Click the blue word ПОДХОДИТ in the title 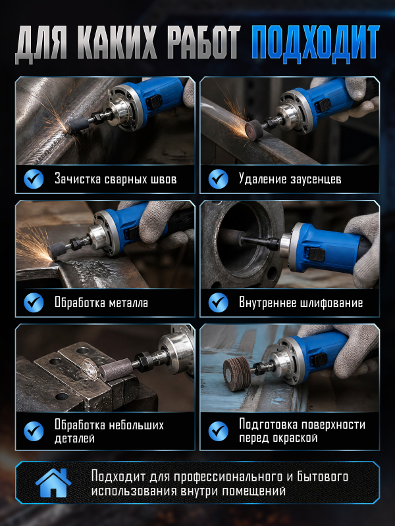(x=315, y=43)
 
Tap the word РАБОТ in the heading (x=204, y=43)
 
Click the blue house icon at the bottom (x=53, y=483)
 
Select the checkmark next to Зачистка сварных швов (x=34, y=179)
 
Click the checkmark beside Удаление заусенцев (x=218, y=179)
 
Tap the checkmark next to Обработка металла (x=34, y=302)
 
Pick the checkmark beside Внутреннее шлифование (x=218, y=302)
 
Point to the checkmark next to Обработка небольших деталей (x=34, y=431)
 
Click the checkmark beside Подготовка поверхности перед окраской (x=218, y=431)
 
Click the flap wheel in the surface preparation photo (x=237, y=373)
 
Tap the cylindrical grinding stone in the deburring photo (x=254, y=129)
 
